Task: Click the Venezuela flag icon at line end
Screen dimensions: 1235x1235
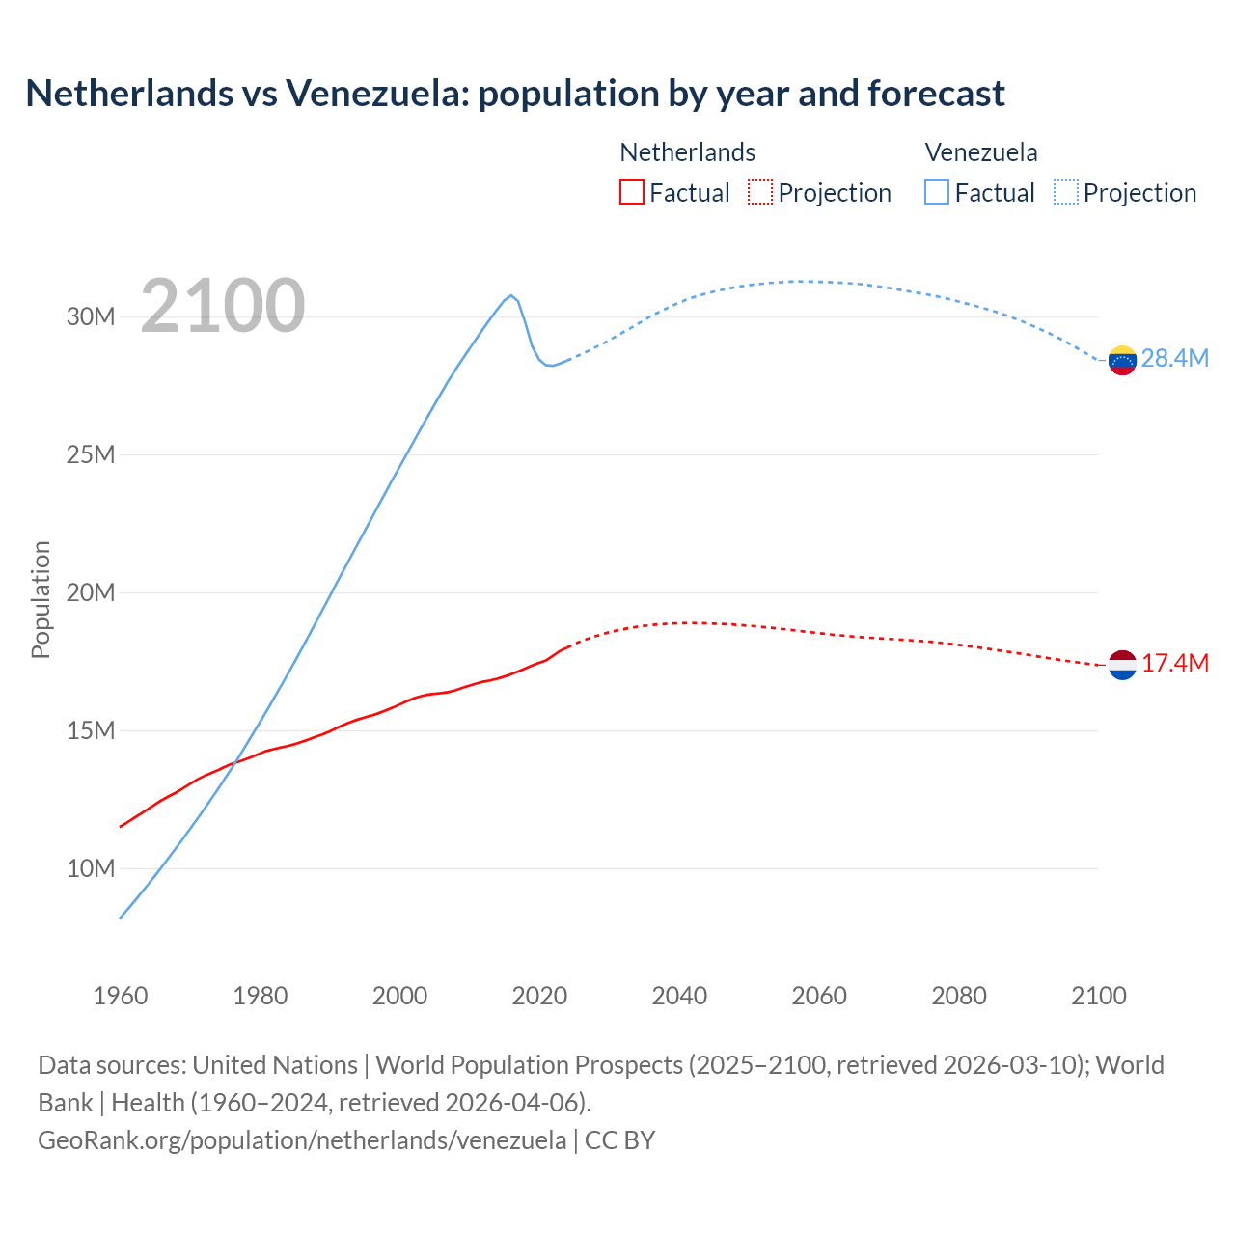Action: pos(1122,360)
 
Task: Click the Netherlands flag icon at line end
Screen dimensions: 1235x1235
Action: pos(1122,665)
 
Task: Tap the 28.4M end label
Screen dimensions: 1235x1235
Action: pos(1174,359)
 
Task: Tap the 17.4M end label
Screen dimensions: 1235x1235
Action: pos(1174,664)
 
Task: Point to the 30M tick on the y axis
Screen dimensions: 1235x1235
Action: pos(91,317)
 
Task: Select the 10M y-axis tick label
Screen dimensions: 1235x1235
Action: pos(91,869)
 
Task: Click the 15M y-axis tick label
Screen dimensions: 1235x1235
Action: pos(91,731)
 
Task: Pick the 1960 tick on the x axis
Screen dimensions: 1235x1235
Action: pos(121,996)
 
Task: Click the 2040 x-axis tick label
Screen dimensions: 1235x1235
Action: pos(679,996)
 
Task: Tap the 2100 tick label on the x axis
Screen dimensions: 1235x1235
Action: pos(1099,996)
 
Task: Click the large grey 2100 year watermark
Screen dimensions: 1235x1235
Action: pos(223,307)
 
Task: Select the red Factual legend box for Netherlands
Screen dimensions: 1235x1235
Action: pos(631,193)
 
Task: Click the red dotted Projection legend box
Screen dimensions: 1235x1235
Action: pos(760,193)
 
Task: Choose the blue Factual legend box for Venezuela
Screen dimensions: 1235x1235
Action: pos(937,193)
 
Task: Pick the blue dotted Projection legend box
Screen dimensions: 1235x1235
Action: pos(1065,193)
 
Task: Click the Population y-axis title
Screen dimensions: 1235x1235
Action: pos(41,599)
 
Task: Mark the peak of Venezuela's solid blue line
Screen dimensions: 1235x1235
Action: pos(511,295)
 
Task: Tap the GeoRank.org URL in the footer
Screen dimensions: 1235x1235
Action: pos(302,1140)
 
